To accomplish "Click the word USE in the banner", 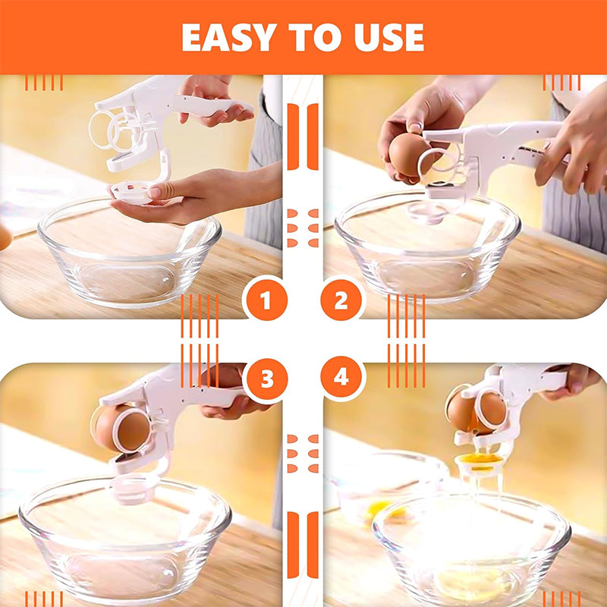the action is (389, 37).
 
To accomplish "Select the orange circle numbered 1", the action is (266, 300).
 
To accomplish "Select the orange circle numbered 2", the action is (341, 300).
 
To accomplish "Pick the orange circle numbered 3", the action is (267, 380).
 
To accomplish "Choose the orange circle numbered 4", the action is (341, 376).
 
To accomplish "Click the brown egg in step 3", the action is (122, 428).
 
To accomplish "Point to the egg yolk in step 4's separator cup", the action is (479, 459).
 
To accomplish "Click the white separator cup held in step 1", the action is (130, 193).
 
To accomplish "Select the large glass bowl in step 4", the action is (472, 549).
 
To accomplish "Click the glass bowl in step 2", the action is (428, 248).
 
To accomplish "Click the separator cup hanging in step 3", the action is (134, 489).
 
